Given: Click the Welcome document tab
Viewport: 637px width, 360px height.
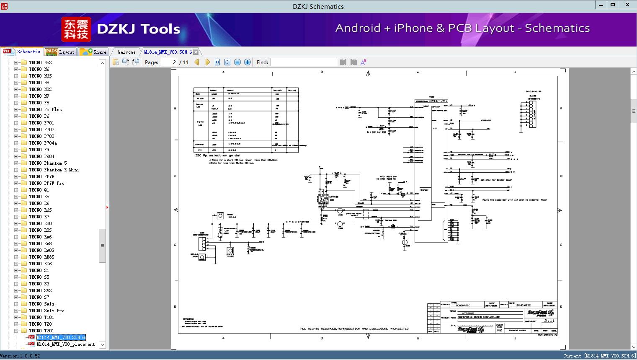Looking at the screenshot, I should pyautogui.click(x=126, y=52).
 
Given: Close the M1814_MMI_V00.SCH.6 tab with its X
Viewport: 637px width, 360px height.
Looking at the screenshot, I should pyautogui.click(x=196, y=52).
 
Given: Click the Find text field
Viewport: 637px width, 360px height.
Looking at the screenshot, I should pyautogui.click(x=304, y=62).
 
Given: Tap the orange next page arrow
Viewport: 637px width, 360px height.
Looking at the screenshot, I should pyautogui.click(x=207, y=62).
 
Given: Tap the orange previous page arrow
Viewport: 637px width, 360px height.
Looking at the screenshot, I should pyautogui.click(x=197, y=62).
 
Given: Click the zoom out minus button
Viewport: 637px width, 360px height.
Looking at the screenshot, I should pyautogui.click(x=237, y=62).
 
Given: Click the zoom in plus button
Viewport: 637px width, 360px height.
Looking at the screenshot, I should pyautogui.click(x=248, y=62).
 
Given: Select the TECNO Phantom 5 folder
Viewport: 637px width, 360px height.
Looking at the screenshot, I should pyautogui.click(x=48, y=163).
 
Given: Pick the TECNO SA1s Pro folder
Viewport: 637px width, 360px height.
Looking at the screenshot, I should pyautogui.click(x=46, y=311).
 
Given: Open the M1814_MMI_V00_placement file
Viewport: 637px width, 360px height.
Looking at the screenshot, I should pyautogui.click(x=65, y=344).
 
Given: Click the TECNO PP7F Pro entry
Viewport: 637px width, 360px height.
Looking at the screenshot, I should pyautogui.click(x=46, y=183).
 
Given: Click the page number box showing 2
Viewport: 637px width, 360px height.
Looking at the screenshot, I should pyautogui.click(x=169, y=62).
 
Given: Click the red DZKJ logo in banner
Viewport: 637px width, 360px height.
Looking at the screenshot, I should pyautogui.click(x=76, y=29).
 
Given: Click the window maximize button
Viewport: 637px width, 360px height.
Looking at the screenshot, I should pyautogui.click(x=613, y=5).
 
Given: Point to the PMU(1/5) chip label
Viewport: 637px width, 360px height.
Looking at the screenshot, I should pyautogui.click(x=438, y=101).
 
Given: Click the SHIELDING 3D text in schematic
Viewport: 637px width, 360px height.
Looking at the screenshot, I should pyautogui.click(x=533, y=91).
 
